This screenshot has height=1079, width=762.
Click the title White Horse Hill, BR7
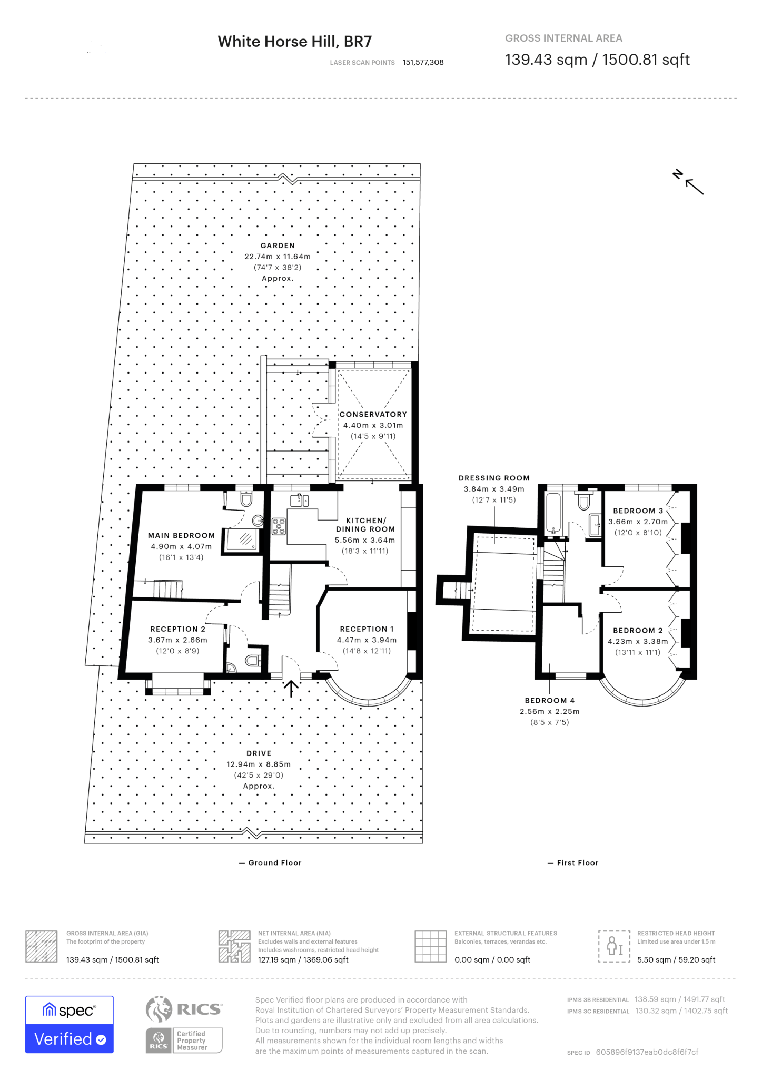pyautogui.click(x=294, y=42)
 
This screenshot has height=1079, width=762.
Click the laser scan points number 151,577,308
pyautogui.click(x=423, y=62)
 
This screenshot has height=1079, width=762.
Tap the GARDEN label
pyautogui.click(x=278, y=246)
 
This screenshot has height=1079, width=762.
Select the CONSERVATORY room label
pyautogui.click(x=373, y=415)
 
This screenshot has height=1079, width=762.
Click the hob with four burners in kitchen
pyautogui.click(x=279, y=526)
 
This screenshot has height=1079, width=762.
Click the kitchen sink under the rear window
pyautogui.click(x=299, y=500)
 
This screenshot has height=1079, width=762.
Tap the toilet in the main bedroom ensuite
pyautogui.click(x=246, y=498)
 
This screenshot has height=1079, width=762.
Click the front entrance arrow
pyautogui.click(x=291, y=688)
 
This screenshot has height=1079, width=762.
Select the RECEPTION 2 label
pyautogui.click(x=178, y=629)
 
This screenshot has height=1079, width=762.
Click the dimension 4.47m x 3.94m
pyautogui.click(x=367, y=640)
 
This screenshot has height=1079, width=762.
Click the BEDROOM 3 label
pyautogui.click(x=638, y=511)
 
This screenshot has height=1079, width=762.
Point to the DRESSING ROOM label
pyautogui.click(x=494, y=478)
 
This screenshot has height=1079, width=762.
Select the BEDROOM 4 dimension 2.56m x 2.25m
pyautogui.click(x=549, y=711)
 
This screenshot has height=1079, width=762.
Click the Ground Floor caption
pyautogui.click(x=274, y=862)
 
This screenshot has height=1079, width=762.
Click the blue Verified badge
pyautogui.click(x=70, y=1038)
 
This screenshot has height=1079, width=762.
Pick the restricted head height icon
pyautogui.click(x=614, y=946)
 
